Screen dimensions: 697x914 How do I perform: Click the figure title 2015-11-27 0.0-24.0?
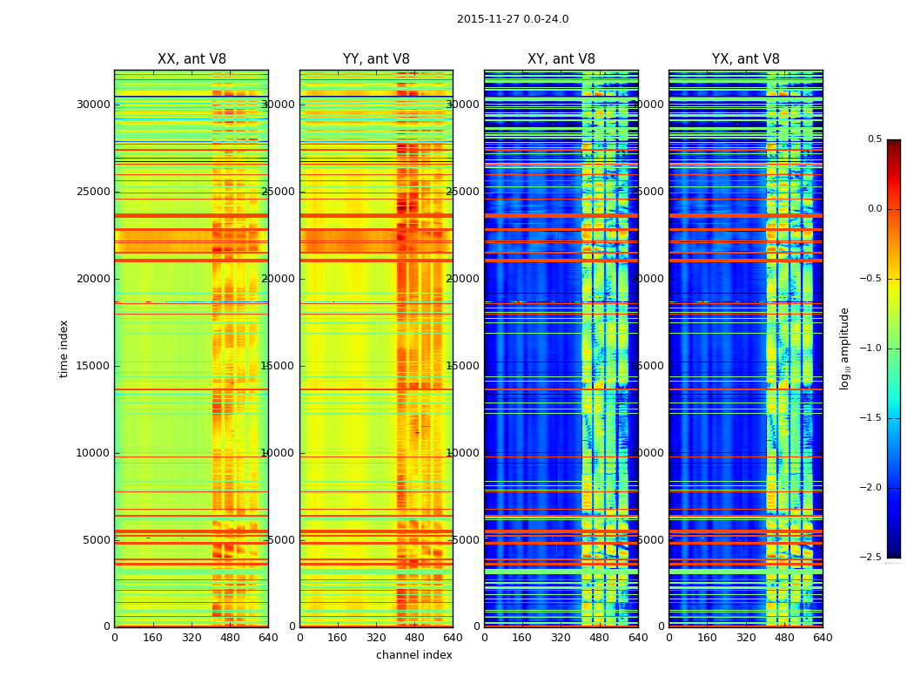[x=513, y=19]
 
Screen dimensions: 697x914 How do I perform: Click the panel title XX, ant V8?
[x=192, y=59]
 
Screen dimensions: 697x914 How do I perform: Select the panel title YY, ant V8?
[x=376, y=59]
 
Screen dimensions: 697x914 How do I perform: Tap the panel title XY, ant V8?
[x=561, y=59]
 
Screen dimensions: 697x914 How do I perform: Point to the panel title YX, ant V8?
[x=746, y=59]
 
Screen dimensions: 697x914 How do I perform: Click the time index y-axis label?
[x=64, y=348]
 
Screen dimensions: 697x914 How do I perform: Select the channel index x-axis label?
[x=414, y=655]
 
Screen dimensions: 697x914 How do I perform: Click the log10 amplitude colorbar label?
[x=844, y=348]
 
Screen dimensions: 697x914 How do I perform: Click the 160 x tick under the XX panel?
[x=152, y=638]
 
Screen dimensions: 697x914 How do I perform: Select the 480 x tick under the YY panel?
[x=414, y=638]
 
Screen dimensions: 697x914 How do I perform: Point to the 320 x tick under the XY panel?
[x=561, y=638]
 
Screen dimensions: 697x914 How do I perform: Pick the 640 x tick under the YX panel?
[x=823, y=638]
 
